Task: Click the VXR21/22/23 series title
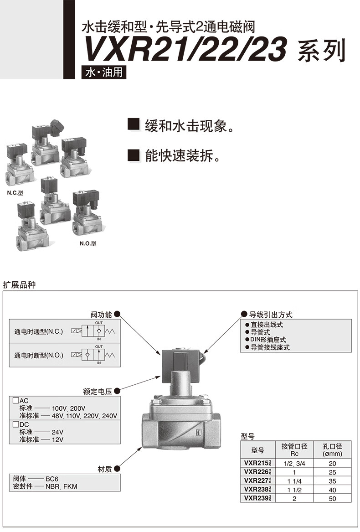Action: [214, 50]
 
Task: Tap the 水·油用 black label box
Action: [104, 72]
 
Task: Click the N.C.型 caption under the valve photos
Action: [15, 193]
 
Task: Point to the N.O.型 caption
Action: [88, 243]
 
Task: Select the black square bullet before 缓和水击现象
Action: [134, 124]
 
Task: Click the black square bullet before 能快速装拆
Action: [134, 155]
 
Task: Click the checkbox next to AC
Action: [15, 400]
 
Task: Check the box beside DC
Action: [15, 424]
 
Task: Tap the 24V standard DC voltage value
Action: [57, 432]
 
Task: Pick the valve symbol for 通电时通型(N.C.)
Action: [93, 331]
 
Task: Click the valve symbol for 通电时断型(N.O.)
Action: [93, 355]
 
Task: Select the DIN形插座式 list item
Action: [268, 340]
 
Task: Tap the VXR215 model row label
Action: [257, 463]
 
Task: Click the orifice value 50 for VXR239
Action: [332, 498]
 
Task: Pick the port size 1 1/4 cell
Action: [294, 481]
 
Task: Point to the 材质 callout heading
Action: [105, 469]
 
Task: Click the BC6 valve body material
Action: [52, 479]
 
